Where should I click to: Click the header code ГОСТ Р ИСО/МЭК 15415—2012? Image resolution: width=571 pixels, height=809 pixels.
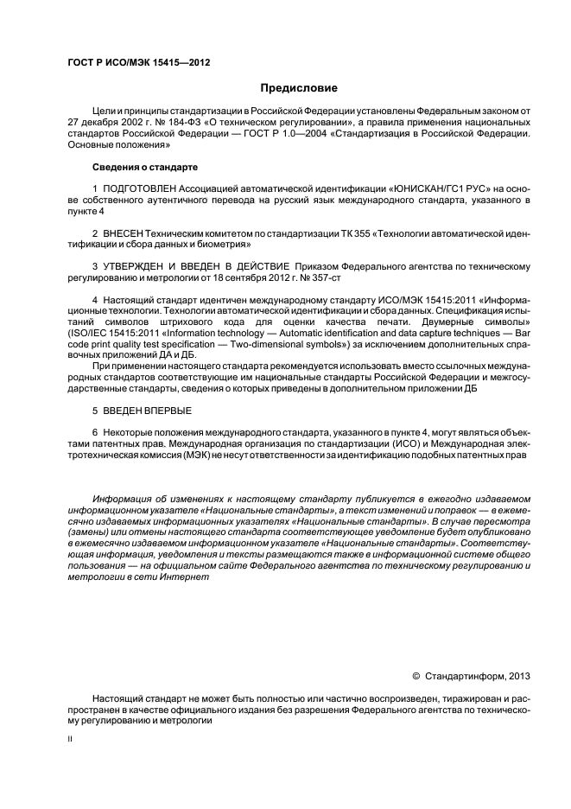pos(138,63)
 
